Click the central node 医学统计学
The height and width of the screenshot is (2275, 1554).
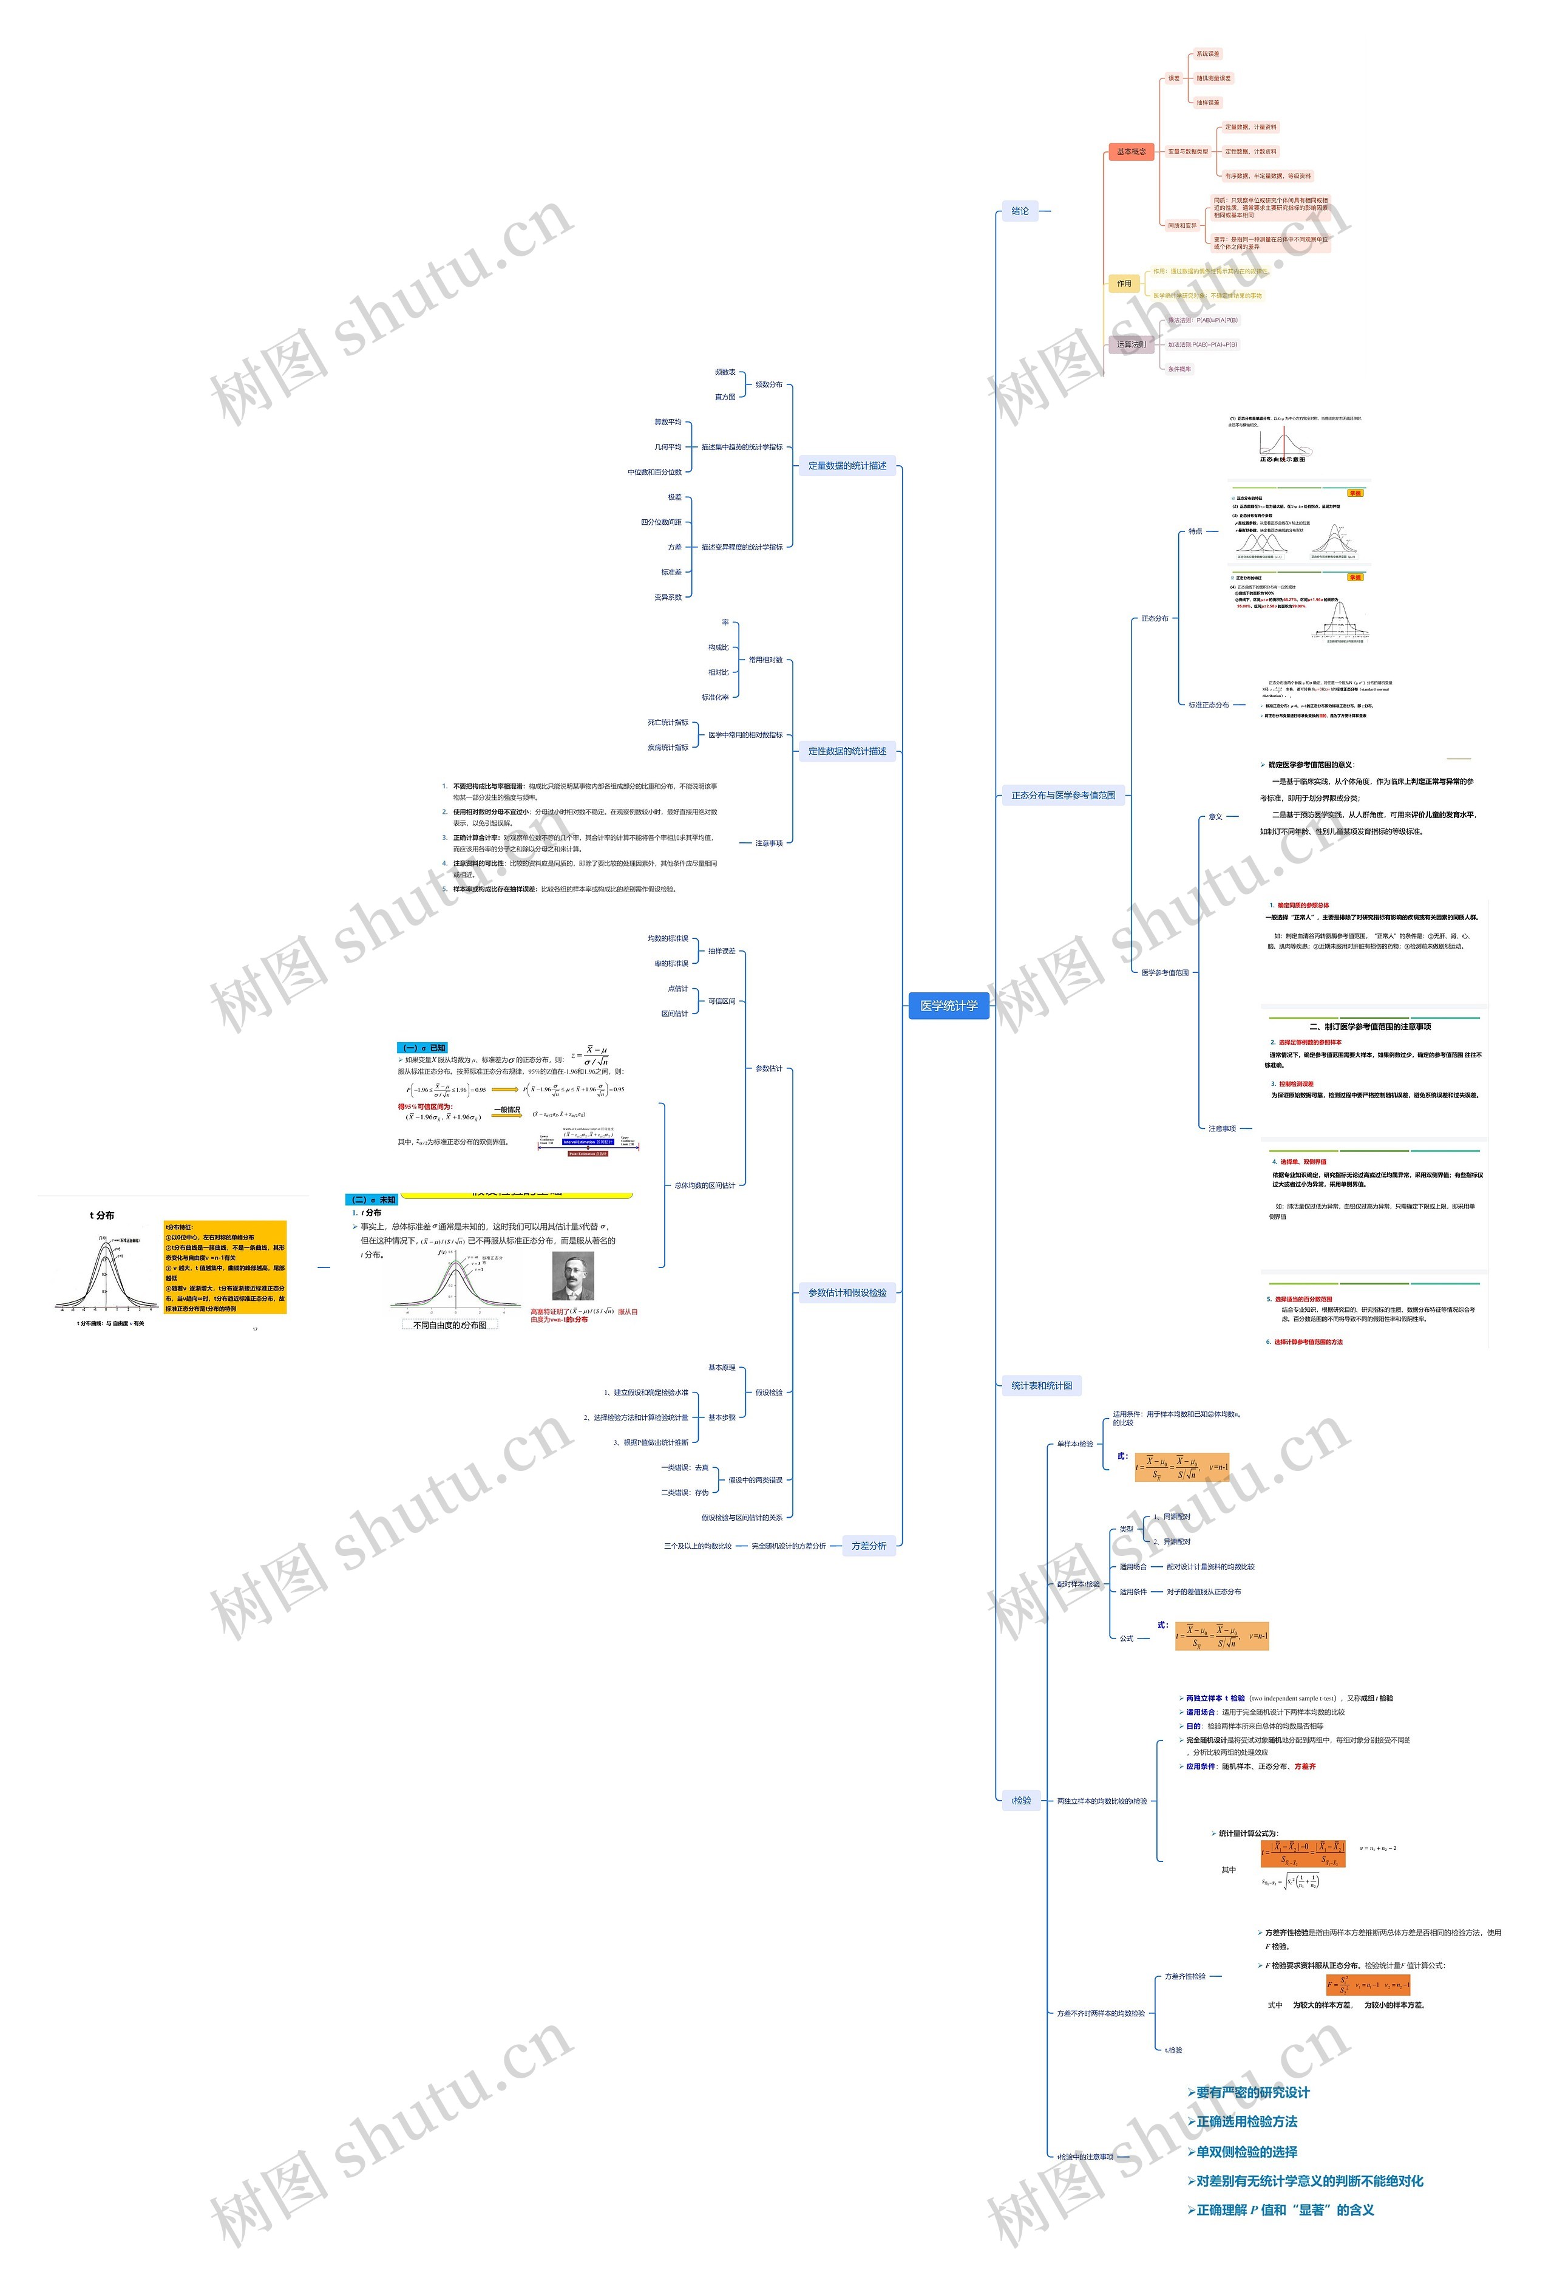[x=948, y=1005]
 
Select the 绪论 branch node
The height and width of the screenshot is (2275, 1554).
[x=1020, y=211]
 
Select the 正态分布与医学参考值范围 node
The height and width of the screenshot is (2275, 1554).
[x=1063, y=795]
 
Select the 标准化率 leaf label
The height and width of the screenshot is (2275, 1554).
[x=714, y=697]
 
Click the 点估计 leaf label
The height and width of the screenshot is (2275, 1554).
[x=677, y=989]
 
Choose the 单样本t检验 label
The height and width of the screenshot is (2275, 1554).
[x=1074, y=1444]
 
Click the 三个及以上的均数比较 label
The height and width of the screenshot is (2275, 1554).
[x=697, y=1546]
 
